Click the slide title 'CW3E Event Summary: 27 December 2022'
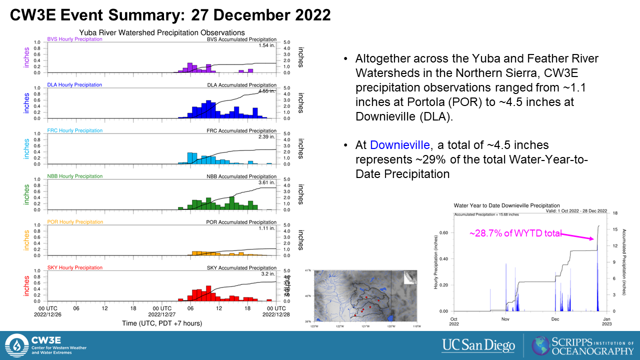click(x=170, y=15)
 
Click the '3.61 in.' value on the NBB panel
click(x=267, y=183)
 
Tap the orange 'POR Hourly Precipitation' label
click(x=75, y=222)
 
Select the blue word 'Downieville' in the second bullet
click(x=400, y=145)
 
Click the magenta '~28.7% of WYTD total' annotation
click(x=515, y=233)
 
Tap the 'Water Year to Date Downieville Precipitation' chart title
click(x=506, y=205)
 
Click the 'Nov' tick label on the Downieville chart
click(x=505, y=318)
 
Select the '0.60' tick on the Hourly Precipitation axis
click(x=443, y=233)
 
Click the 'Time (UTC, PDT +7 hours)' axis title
click(x=162, y=323)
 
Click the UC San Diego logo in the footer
click(x=478, y=345)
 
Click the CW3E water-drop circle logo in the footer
click(x=17, y=345)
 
